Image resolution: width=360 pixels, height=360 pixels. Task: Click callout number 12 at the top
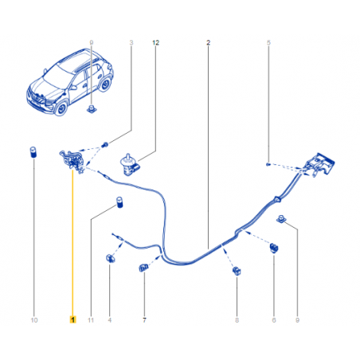pos(155,42)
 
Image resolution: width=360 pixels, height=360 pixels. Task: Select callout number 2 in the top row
pos(208,42)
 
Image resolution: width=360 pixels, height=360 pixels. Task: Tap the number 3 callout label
pos(131,42)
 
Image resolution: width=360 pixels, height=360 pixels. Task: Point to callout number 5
pos(268,42)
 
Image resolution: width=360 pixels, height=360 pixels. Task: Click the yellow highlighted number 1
pos(72,319)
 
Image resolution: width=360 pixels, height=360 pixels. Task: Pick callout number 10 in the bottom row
pos(34,320)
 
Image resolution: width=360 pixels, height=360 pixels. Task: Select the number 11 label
pos(91,320)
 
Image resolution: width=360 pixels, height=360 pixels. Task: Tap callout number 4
pos(110,320)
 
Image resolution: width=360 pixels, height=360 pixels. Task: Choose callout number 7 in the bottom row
pos(144,320)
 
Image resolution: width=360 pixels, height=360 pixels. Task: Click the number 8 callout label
pos(237,320)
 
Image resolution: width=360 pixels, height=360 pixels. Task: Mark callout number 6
pos(274,320)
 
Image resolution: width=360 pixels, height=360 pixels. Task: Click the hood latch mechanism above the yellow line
pos(72,161)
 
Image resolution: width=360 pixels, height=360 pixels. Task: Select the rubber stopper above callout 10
pos(33,152)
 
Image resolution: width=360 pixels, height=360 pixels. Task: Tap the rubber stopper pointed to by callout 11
pos(119,202)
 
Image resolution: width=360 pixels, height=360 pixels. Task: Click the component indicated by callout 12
pos(130,165)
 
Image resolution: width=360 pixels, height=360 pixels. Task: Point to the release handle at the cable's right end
pos(319,164)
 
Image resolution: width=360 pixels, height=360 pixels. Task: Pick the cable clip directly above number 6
pos(274,248)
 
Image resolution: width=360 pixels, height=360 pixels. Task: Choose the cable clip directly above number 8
pos(237,272)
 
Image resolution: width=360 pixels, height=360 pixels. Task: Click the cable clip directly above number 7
pos(143,268)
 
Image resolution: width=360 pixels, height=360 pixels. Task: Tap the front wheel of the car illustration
pos(61,108)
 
